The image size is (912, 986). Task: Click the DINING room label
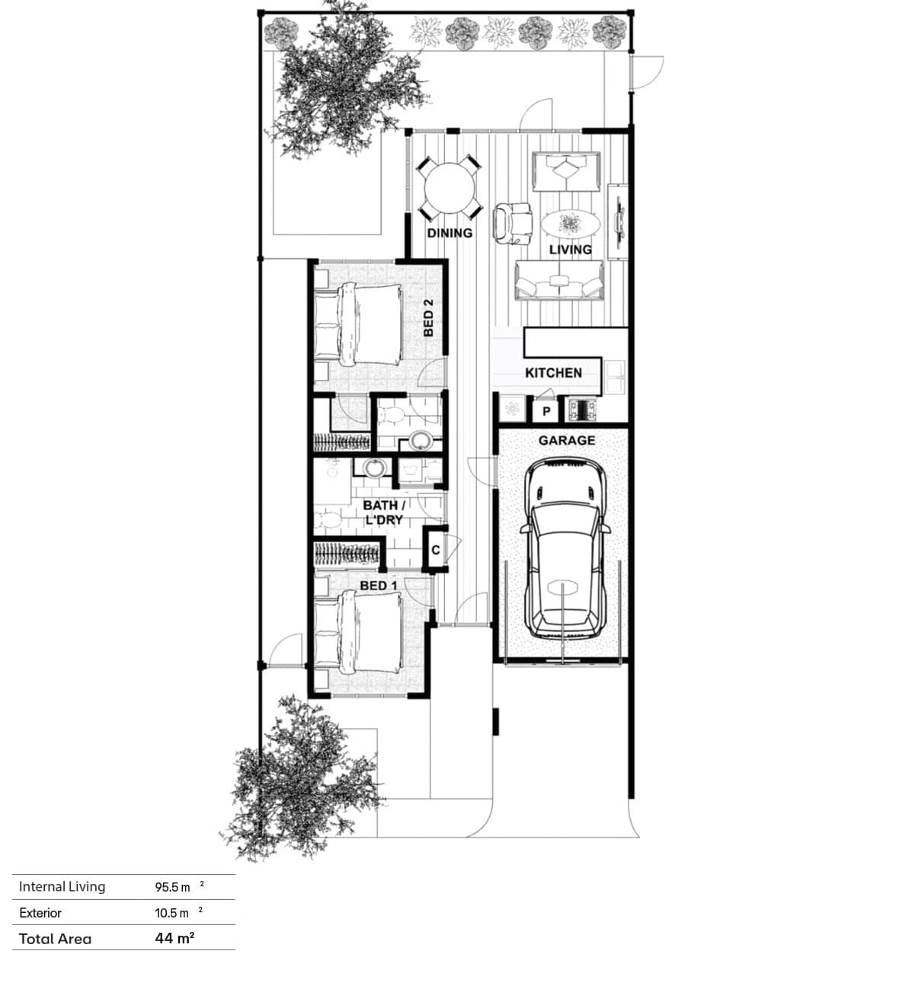click(450, 233)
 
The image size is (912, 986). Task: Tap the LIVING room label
click(570, 249)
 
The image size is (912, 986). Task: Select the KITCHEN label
click(553, 373)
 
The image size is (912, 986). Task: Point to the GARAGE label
click(567, 440)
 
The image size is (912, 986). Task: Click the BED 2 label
click(428, 317)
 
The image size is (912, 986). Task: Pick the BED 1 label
click(378, 586)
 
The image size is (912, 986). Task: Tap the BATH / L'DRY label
click(384, 512)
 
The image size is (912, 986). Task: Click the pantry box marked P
click(546, 411)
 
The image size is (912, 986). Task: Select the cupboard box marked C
click(435, 550)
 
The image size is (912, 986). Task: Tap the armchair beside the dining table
click(513, 223)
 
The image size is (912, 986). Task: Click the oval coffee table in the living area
click(570, 225)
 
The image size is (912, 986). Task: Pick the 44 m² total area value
click(174, 938)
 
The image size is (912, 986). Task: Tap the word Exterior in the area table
click(40, 912)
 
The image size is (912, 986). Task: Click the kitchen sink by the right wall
click(614, 377)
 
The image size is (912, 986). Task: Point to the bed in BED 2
click(358, 324)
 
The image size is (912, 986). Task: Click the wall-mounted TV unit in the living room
click(619, 222)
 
